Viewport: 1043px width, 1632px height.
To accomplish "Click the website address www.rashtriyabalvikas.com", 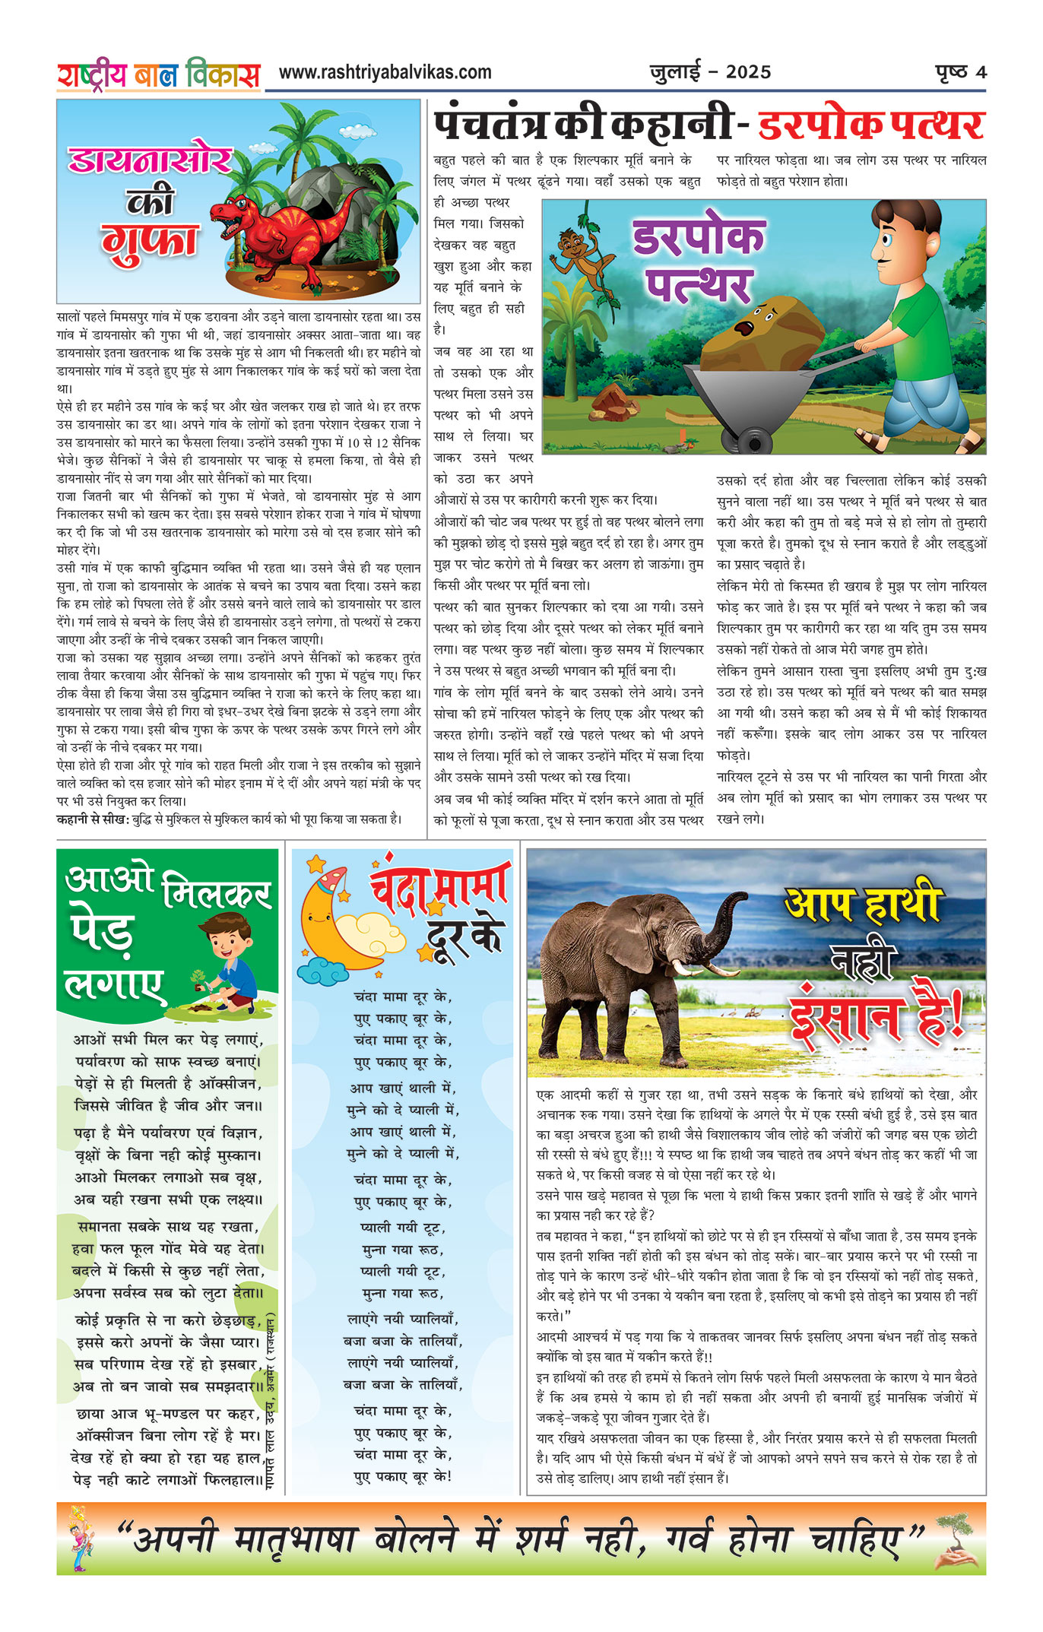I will click(385, 73).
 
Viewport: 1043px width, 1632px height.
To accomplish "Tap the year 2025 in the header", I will click(748, 73).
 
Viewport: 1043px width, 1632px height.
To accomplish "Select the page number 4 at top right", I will click(981, 73).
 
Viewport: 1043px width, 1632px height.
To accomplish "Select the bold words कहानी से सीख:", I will click(93, 819).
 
